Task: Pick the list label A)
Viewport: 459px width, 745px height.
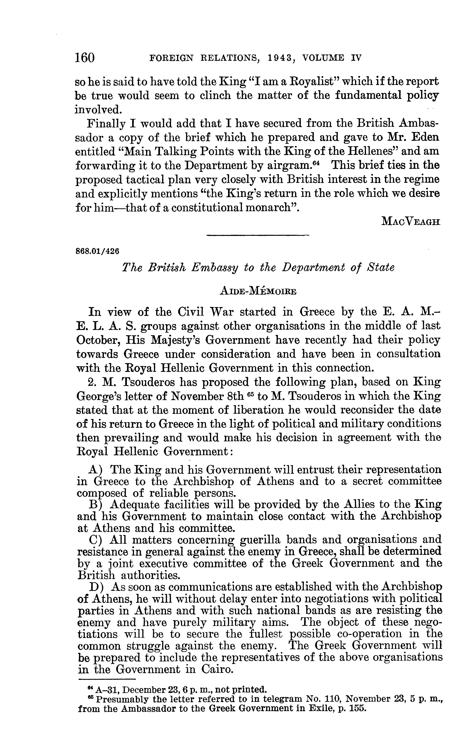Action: point(95,470)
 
